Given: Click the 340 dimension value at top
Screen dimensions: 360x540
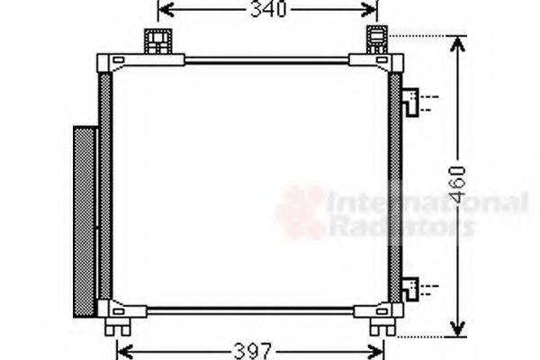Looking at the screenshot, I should (266, 11).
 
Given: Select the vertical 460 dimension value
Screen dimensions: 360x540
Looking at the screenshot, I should (458, 184).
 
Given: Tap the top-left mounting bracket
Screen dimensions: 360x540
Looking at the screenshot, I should (157, 40).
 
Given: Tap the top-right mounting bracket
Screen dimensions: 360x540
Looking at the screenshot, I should (376, 40).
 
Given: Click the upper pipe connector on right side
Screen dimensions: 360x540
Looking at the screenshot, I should (411, 102).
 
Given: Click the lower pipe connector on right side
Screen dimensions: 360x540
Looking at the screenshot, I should (411, 289).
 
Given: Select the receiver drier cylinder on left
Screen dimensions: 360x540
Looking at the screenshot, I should (85, 220).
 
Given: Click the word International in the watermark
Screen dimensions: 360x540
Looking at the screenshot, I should (427, 202).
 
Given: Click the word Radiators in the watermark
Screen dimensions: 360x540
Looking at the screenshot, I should (401, 226).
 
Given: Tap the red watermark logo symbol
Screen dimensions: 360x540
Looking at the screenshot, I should (301, 212).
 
